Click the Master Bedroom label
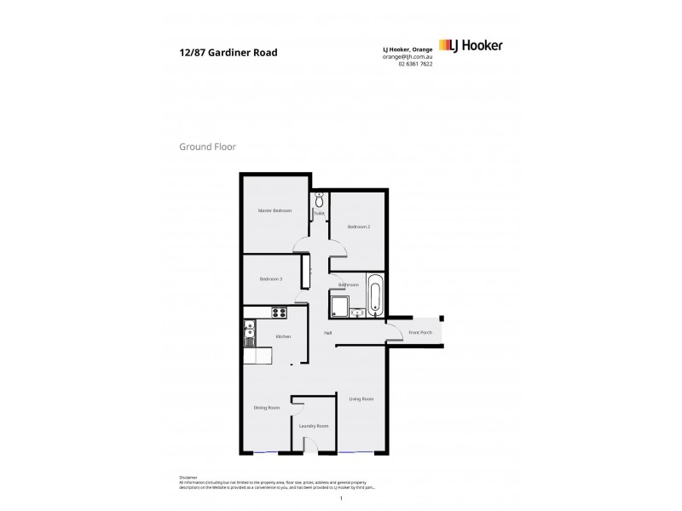[x=275, y=210]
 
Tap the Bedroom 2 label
[x=358, y=227]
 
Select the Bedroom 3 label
[x=271, y=279]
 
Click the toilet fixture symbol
[x=320, y=200]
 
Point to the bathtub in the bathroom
[x=376, y=295]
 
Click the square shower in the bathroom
[x=341, y=307]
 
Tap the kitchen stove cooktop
[x=279, y=312]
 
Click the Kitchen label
[x=283, y=336]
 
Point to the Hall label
[x=327, y=333]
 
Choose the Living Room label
[x=361, y=399]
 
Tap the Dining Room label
[x=267, y=408]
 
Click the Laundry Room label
[x=313, y=426]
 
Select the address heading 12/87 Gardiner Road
[x=228, y=52]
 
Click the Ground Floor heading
[x=207, y=146]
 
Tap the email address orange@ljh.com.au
[x=407, y=56]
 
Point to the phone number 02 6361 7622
[x=415, y=65]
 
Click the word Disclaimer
[x=188, y=478]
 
